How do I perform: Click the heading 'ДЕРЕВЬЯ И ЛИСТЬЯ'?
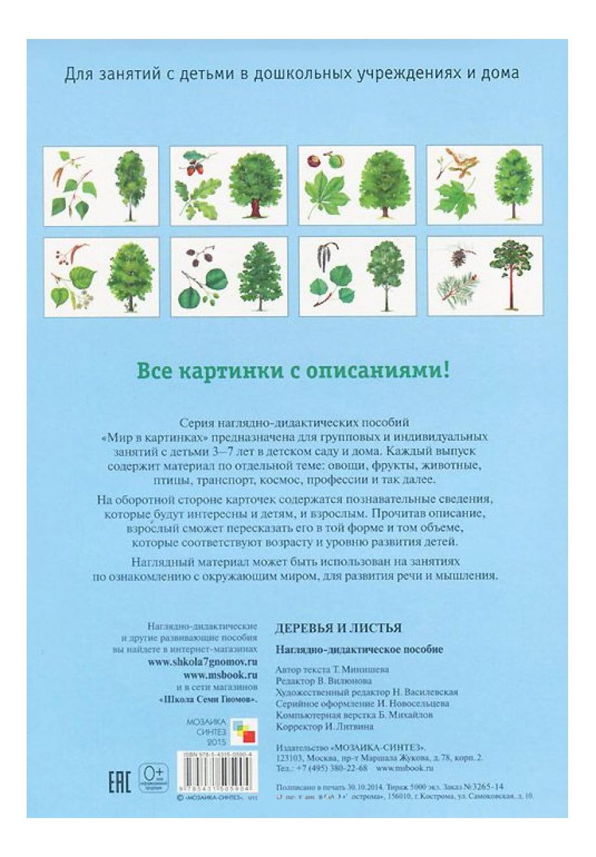338,628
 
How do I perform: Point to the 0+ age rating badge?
153,775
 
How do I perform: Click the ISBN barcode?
216,775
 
